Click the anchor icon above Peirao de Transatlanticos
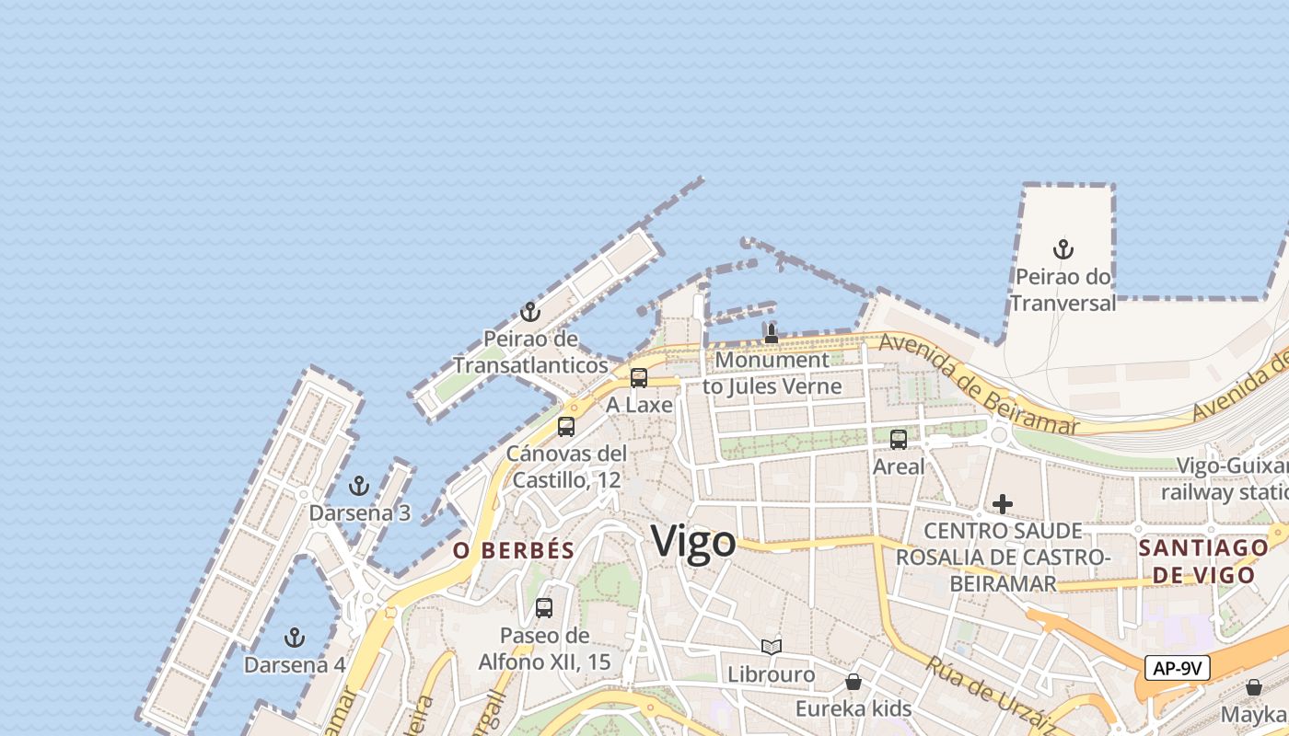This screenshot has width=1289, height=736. [529, 313]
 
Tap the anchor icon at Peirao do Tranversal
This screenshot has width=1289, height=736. [1063, 249]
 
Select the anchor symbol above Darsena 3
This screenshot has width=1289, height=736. [359, 486]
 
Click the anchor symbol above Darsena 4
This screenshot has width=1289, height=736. [295, 638]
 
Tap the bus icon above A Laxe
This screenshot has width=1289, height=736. [639, 378]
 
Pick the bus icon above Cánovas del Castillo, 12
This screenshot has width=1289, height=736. [566, 427]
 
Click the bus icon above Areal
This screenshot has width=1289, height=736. [899, 440]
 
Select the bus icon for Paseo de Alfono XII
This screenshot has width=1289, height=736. [544, 608]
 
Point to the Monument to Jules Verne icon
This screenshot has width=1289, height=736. [772, 333]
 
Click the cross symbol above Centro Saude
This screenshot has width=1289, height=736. [1003, 504]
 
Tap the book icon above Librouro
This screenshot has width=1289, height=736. [772, 648]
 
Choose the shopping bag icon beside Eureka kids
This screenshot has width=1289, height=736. [854, 683]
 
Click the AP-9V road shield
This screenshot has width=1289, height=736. [1177, 668]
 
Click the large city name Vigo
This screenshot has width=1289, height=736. [694, 542]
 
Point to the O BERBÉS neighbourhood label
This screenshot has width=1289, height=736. [514, 551]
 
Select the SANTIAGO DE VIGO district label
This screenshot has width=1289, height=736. [1204, 561]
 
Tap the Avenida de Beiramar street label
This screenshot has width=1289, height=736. [978, 384]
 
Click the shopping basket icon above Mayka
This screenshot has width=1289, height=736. [1253, 687]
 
